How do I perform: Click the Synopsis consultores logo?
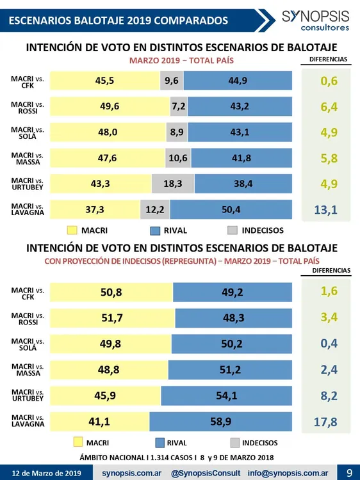pyautogui.click(x=315, y=20)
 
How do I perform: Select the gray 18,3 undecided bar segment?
pyautogui.click(x=173, y=183)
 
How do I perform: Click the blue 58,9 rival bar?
pyautogui.click(x=220, y=421)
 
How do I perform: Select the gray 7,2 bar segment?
pyautogui.click(x=179, y=106)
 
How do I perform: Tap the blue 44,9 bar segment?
pyautogui.click(x=238, y=81)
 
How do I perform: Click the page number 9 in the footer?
pyautogui.click(x=349, y=472)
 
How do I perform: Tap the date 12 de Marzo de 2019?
pyautogui.click(x=46, y=472)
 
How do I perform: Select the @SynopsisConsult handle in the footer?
pyautogui.click(x=206, y=472)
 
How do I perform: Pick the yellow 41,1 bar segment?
pyautogui.click(x=99, y=421)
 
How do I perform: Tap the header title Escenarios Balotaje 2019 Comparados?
pyautogui.click(x=119, y=20)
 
